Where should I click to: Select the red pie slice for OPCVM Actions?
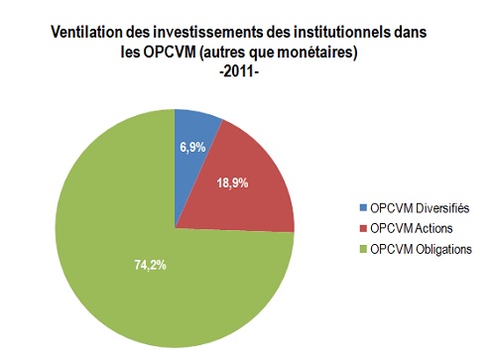[253, 193]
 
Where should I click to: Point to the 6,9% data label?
[194, 148]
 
